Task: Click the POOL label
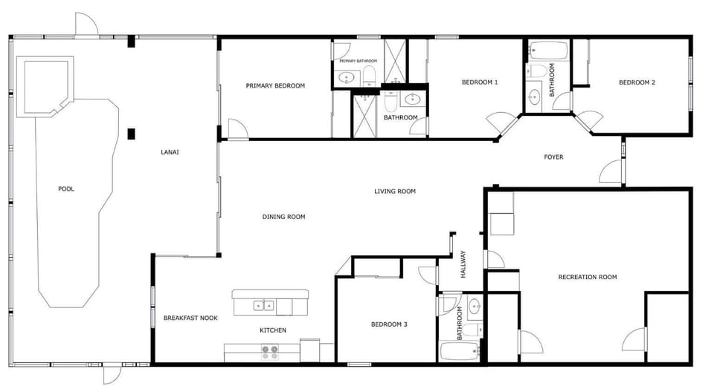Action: tap(66, 189)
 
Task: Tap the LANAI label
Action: tap(170, 152)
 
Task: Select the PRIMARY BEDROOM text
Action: tap(275, 86)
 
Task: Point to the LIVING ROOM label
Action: tap(395, 192)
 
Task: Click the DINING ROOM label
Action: tap(283, 217)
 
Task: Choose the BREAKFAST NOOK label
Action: tap(190, 318)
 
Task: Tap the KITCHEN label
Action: tap(273, 330)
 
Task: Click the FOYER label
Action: tap(553, 157)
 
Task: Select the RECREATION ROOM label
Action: tap(588, 277)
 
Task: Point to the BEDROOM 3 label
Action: tap(389, 324)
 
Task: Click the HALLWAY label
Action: tap(463, 264)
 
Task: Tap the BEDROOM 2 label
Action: tap(637, 82)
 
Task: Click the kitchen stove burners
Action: tap(269, 353)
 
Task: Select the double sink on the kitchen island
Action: tap(263, 305)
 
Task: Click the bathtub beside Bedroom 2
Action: tap(548, 50)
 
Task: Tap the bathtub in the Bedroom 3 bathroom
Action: tap(460, 351)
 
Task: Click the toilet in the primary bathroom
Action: tap(370, 76)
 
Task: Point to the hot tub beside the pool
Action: tap(45, 86)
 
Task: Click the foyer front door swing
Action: tap(611, 171)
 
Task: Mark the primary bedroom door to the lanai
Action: tap(238, 128)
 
